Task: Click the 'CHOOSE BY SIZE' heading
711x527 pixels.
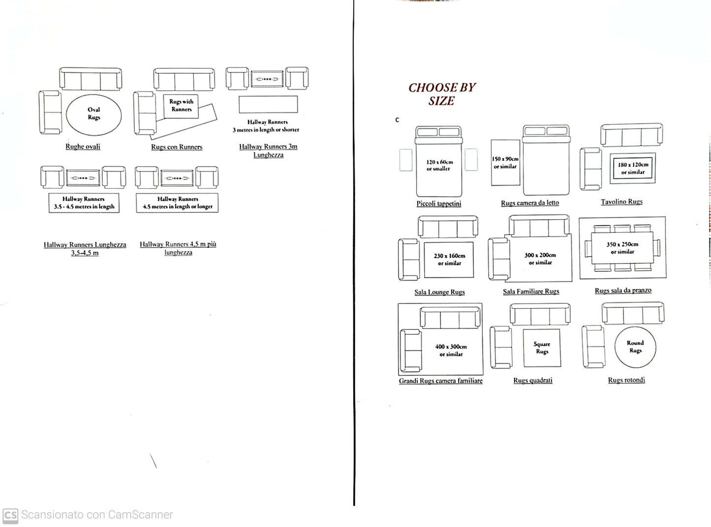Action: [442, 94]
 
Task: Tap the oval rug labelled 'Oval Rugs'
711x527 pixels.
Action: [93, 114]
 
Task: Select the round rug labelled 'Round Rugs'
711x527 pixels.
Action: [635, 347]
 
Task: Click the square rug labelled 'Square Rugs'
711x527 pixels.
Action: [542, 348]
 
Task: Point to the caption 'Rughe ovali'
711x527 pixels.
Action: [83, 147]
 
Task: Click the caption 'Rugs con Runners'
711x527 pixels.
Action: [177, 147]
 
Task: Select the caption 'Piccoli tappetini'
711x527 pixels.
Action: [439, 204]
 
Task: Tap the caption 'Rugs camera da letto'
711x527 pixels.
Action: [530, 203]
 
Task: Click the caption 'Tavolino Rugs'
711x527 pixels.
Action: [621, 202]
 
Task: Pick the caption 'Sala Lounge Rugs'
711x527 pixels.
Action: [439, 293]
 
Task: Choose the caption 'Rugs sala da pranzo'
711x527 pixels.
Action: [623, 291]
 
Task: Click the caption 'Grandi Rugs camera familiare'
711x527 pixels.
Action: [440, 381]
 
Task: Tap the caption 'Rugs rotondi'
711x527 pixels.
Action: [626, 380]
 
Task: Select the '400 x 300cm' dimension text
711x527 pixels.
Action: [451, 347]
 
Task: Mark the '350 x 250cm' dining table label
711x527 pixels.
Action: [622, 244]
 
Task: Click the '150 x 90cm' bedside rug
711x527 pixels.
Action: [505, 163]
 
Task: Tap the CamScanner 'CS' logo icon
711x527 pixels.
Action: [10, 515]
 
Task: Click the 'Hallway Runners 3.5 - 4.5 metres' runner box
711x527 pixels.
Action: [84, 203]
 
